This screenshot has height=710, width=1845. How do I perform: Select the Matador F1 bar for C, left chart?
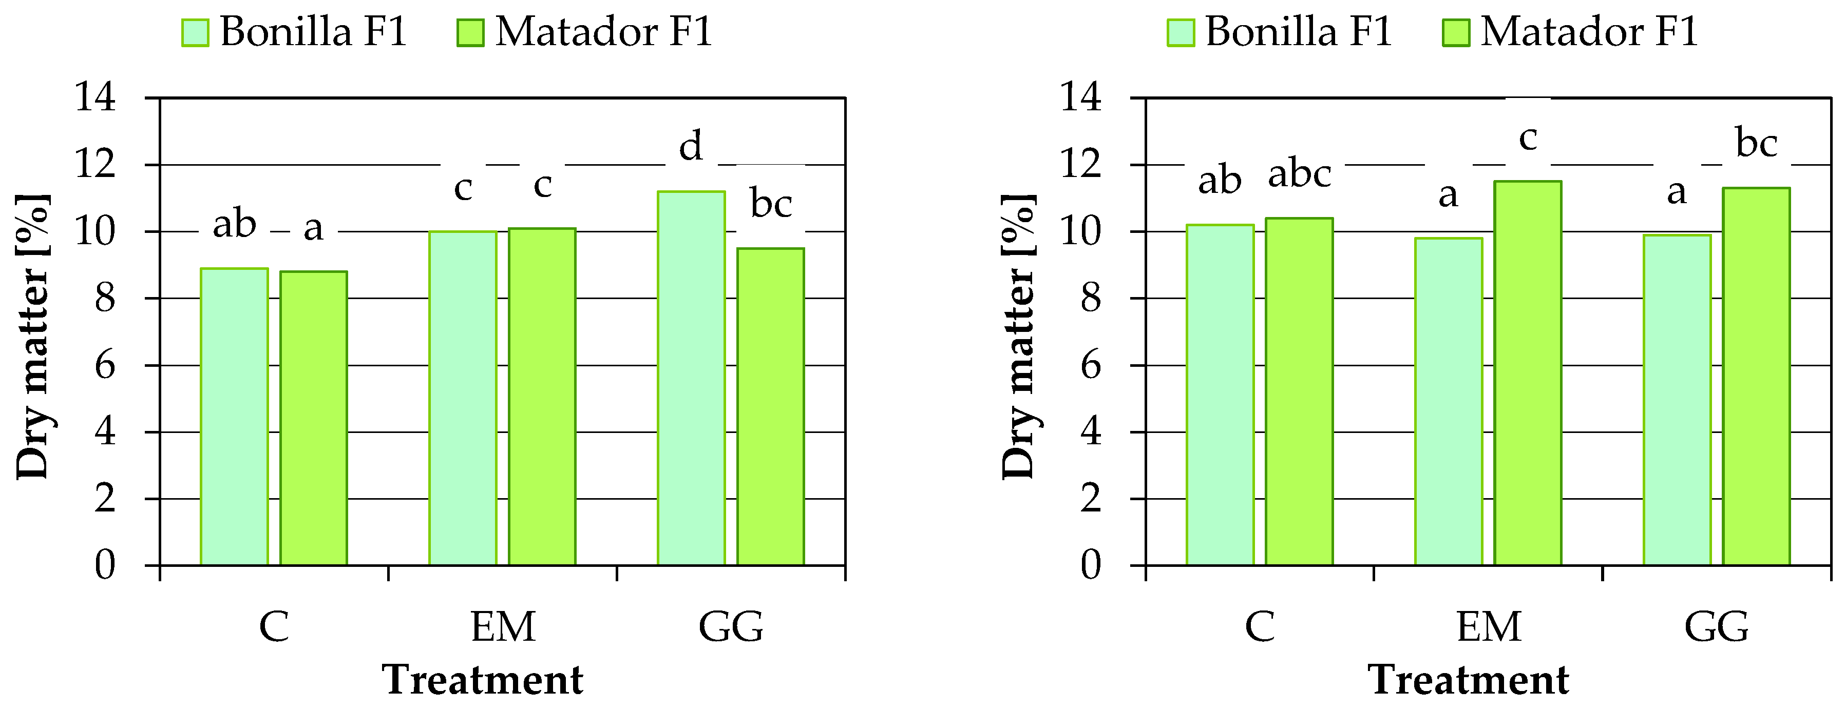[313, 418]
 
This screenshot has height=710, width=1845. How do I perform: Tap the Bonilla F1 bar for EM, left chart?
[463, 398]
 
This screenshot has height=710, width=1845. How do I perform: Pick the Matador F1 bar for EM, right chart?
[1527, 373]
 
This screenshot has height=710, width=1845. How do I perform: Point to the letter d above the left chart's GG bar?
[691, 147]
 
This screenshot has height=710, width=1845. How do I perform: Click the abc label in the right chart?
[1299, 173]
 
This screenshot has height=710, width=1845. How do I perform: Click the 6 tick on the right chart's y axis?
[1090, 366]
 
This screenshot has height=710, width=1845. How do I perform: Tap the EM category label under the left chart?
[503, 627]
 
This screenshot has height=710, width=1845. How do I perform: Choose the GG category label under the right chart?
[1716, 627]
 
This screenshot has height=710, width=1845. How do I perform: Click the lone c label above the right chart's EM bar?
[1528, 137]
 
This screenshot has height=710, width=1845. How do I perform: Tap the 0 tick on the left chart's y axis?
[105, 565]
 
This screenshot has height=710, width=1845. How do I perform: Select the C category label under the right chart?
[1260, 627]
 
